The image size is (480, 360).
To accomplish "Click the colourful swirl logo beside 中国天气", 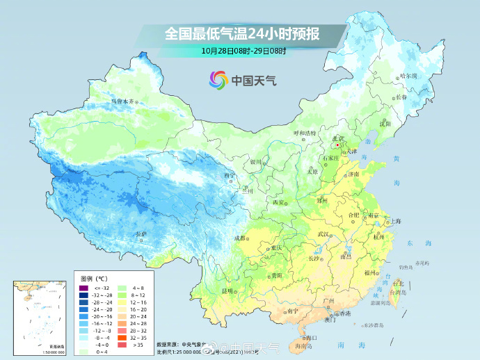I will click(x=218, y=80).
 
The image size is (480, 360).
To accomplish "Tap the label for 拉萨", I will click(x=142, y=234).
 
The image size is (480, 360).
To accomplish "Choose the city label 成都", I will click(x=240, y=238).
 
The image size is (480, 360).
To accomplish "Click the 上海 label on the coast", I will click(x=395, y=221).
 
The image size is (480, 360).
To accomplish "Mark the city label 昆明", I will click(x=228, y=291).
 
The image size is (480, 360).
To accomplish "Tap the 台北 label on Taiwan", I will click(x=398, y=284).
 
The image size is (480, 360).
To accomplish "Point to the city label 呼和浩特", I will click(x=304, y=133).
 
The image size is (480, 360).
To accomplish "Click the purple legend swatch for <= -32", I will click(x=83, y=288).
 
